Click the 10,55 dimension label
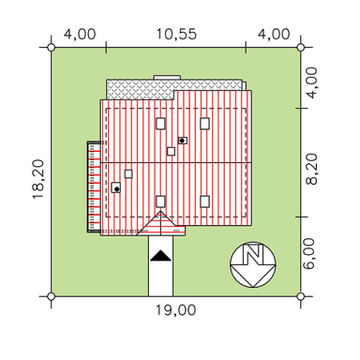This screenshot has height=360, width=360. coord(176,34)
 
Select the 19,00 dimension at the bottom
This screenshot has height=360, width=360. coord(176,310)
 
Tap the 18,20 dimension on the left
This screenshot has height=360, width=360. coord(38,179)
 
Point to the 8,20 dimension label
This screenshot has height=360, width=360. coord(311,169)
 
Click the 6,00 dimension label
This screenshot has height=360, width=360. coord(309,254)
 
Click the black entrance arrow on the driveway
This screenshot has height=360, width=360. coord(160,255)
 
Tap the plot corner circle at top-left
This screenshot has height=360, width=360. coord(52,48)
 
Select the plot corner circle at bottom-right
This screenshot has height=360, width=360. coord(300,296)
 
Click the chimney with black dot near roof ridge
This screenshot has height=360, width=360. coord(183,141)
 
